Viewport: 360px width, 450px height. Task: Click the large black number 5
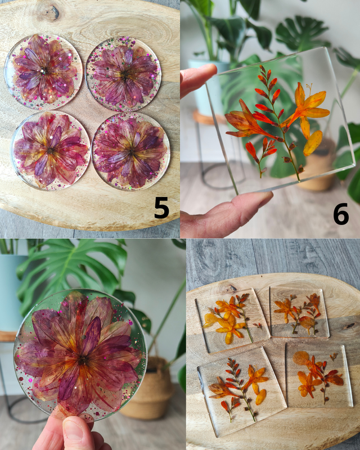161,208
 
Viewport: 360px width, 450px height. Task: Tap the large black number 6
341,214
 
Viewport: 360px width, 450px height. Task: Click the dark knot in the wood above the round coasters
52,12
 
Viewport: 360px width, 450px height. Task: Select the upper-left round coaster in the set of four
44,72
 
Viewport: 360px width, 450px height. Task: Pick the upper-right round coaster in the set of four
123,75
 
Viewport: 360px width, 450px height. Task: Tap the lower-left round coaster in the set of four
51,150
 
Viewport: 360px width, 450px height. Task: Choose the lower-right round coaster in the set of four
131,151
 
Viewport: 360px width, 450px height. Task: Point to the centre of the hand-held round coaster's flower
82,359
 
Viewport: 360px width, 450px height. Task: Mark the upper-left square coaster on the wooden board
232,320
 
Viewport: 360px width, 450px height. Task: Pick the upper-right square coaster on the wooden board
299,312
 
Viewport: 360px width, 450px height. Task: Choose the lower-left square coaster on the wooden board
241,391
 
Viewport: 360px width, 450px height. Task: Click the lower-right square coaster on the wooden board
319,375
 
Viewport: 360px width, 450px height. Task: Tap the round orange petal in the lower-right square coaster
300,358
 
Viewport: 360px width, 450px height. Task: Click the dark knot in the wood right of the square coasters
349,326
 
